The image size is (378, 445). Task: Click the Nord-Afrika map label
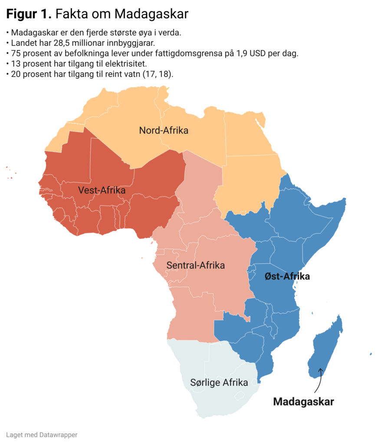[x=164, y=130]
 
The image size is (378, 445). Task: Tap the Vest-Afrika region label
[x=102, y=190]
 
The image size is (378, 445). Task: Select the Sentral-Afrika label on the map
[x=195, y=265]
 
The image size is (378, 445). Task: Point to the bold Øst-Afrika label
[x=287, y=276]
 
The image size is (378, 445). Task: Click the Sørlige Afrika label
[x=219, y=382]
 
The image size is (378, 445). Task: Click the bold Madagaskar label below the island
[x=303, y=402]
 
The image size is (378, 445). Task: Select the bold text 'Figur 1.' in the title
[x=29, y=14]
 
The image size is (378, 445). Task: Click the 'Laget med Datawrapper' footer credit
[x=42, y=434]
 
